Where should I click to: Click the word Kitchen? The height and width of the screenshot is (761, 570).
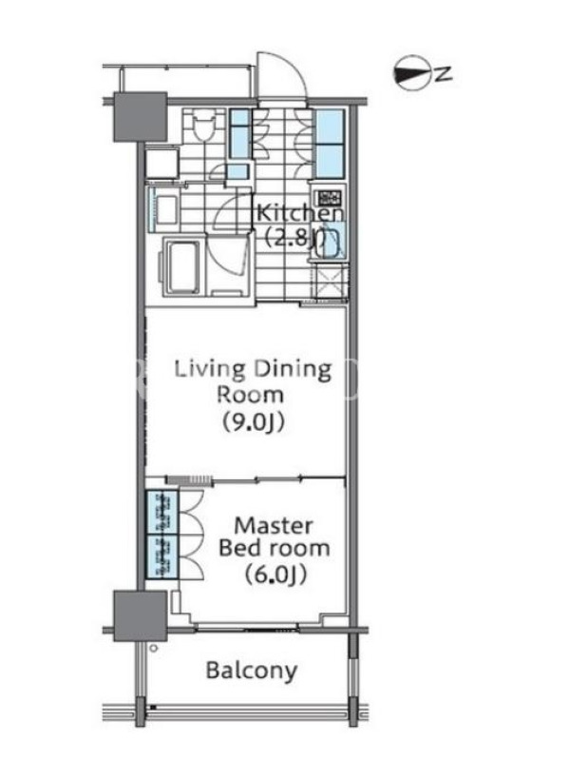tap(299, 213)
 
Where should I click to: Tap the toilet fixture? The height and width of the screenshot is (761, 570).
tap(203, 126)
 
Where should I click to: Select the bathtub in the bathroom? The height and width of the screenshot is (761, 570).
tap(182, 265)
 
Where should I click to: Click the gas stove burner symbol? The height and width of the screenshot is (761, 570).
tap(329, 198)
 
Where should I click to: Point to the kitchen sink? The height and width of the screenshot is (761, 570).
tap(331, 241)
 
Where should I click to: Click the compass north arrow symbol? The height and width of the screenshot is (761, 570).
tap(411, 73)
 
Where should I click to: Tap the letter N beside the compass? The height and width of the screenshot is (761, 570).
tap(443, 74)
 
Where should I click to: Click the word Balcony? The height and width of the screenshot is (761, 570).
tap(252, 671)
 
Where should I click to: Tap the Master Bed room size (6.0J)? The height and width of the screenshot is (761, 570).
tap(275, 576)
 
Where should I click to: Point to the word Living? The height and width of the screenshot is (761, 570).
tap(210, 370)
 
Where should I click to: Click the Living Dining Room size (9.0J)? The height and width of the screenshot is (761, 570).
tap(253, 422)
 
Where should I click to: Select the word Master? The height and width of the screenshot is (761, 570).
tap(274, 526)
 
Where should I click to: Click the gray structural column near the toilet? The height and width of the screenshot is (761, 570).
tap(141, 116)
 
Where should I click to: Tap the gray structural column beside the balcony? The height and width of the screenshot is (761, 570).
tap(141, 615)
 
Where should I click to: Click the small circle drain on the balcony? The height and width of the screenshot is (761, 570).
tap(154, 648)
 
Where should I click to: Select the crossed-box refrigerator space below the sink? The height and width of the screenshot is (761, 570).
tap(330, 281)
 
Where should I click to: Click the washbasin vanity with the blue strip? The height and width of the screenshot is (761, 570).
tap(162, 208)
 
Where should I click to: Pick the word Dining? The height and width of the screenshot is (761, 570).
tap(293, 370)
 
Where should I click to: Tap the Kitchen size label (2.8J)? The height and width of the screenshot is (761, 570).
tap(295, 237)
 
